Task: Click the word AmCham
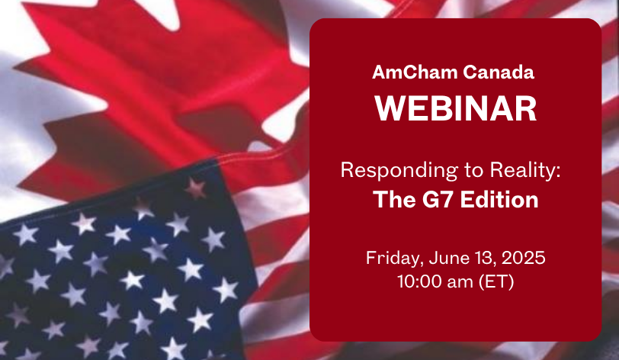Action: [x=415, y=72]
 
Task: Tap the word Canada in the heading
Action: [x=499, y=72]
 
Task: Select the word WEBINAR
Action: [x=456, y=108]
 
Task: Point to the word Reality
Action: [x=522, y=171]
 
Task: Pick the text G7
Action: [x=438, y=200]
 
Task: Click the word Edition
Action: [x=499, y=200]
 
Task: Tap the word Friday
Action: [x=395, y=259]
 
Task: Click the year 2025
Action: [x=524, y=258]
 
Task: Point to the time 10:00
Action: [x=419, y=281]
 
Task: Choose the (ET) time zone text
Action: [x=496, y=282]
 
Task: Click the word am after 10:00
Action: [x=460, y=283]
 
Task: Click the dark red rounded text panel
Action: [x=456, y=180]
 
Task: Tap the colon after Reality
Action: [x=558, y=172]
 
